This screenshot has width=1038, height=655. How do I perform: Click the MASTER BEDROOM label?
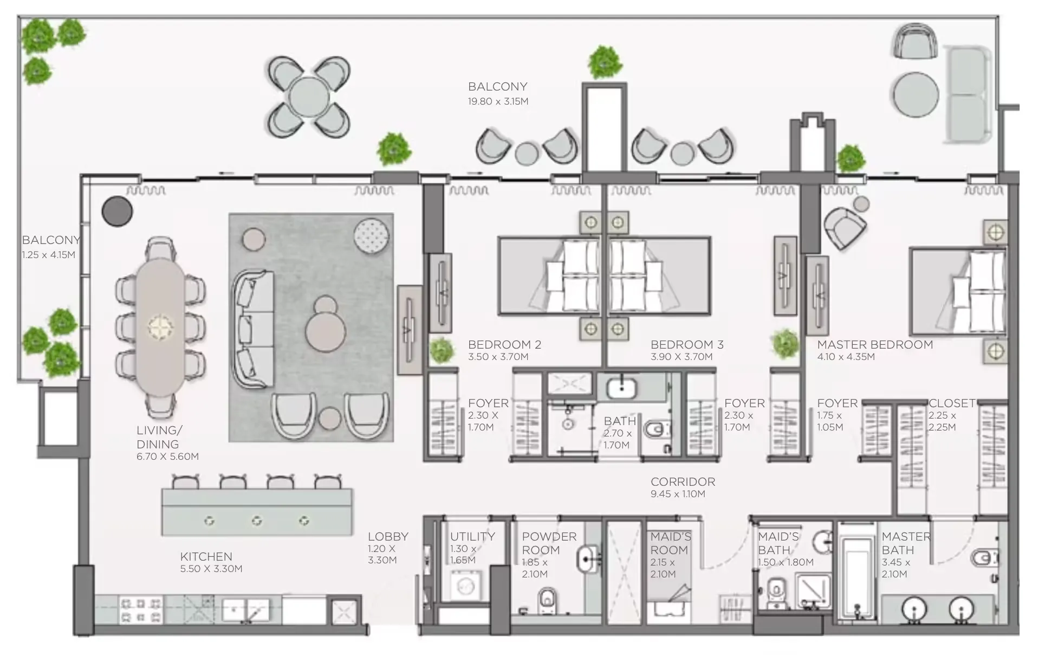(874, 345)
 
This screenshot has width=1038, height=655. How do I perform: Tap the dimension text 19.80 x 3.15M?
(498, 101)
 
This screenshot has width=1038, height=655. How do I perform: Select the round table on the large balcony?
(309, 97)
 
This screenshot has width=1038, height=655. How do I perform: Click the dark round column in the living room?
(118, 211)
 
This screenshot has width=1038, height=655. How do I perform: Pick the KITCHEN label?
(206, 556)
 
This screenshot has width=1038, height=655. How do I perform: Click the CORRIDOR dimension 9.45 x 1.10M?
(678, 494)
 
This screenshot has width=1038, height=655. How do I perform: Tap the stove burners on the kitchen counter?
(141, 609)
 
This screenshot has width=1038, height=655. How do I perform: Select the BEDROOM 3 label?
(686, 345)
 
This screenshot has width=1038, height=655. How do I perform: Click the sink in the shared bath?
(621, 389)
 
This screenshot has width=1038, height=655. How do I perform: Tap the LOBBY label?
(388, 537)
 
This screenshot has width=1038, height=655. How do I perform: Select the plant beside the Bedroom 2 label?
(442, 350)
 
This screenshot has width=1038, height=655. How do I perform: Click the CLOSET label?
(951, 403)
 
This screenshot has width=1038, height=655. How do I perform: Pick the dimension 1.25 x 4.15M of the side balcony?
(49, 255)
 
